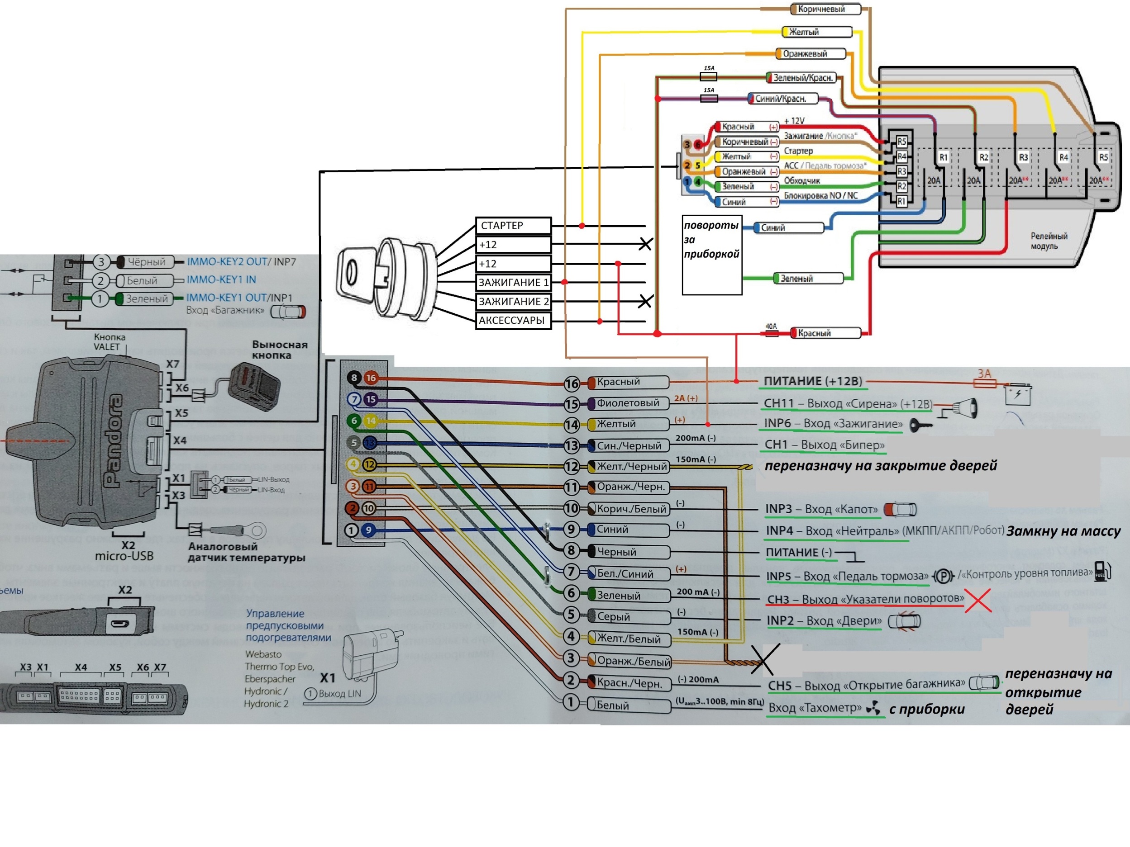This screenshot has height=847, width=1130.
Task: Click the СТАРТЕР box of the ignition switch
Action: click(x=513, y=226)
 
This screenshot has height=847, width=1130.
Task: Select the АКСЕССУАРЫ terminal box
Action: click(x=513, y=321)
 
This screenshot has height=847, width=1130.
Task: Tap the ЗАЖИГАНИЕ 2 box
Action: click(x=513, y=302)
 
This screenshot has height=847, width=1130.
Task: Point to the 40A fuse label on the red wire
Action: click(x=771, y=326)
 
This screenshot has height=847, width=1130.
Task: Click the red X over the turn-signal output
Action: click(x=978, y=600)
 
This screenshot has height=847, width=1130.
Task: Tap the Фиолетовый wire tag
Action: click(x=628, y=403)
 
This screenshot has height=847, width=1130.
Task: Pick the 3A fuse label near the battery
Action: click(x=984, y=374)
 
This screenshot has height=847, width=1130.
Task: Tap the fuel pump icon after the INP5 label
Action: click(x=1102, y=571)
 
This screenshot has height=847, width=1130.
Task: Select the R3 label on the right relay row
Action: click(x=1023, y=157)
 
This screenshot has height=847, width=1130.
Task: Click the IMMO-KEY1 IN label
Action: click(x=221, y=280)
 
